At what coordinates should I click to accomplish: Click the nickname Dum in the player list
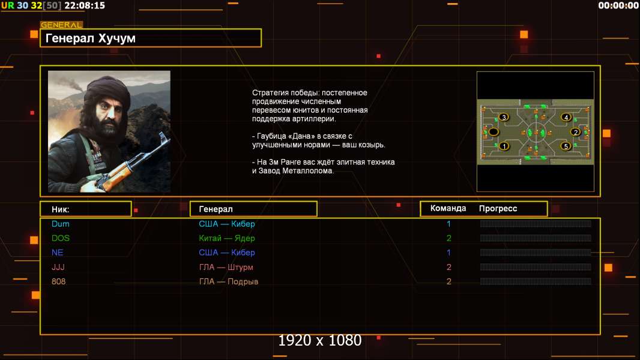(x=61, y=224)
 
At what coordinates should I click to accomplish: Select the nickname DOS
(x=61, y=238)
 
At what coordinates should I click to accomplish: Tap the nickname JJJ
(x=58, y=267)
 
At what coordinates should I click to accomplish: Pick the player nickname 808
(x=58, y=281)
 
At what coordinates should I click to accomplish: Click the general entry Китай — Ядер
(x=226, y=238)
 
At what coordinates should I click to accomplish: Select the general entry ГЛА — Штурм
(x=226, y=268)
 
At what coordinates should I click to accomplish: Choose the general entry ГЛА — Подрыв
(x=228, y=282)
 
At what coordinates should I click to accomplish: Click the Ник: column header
(x=61, y=209)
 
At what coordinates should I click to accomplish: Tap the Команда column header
(x=448, y=208)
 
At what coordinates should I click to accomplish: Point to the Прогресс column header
(x=498, y=209)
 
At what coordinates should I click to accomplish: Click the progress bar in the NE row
(x=535, y=253)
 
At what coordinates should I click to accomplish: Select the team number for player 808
(x=448, y=281)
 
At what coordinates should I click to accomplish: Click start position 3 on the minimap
(x=504, y=118)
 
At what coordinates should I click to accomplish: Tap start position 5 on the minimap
(x=566, y=146)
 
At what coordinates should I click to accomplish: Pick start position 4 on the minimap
(x=566, y=118)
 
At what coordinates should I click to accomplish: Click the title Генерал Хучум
(x=90, y=38)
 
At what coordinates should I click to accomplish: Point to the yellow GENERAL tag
(x=61, y=25)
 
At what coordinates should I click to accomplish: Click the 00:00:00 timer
(x=618, y=5)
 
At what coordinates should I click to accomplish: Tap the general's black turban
(x=107, y=88)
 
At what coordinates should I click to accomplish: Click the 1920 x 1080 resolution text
(x=319, y=340)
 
